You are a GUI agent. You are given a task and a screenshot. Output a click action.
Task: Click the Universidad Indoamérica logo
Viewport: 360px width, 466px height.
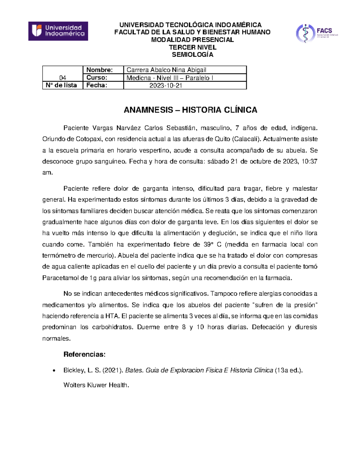[x=58, y=31]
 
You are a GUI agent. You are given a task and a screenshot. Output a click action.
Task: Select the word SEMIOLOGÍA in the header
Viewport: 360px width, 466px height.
[x=192, y=55]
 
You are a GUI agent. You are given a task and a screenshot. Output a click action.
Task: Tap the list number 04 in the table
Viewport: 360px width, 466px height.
[x=62, y=78]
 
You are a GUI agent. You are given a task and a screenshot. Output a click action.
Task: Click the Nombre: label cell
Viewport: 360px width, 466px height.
[x=100, y=70]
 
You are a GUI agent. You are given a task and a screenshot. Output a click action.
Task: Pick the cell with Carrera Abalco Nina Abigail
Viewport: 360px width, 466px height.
[x=166, y=70]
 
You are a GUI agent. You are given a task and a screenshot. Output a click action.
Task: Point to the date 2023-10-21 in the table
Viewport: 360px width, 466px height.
[x=166, y=86]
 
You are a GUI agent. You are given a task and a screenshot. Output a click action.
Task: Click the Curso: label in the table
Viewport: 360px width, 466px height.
[x=97, y=78]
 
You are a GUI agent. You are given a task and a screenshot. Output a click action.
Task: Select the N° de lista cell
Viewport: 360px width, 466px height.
[x=61, y=85]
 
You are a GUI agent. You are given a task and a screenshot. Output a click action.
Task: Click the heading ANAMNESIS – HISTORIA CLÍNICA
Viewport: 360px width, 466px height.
[x=190, y=110]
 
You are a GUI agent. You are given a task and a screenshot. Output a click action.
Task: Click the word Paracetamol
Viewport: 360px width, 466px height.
[x=61, y=278]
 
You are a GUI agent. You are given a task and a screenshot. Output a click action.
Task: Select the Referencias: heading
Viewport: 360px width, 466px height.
[x=84, y=354]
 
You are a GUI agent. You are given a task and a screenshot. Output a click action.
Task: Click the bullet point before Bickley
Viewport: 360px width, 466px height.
[x=54, y=371]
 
